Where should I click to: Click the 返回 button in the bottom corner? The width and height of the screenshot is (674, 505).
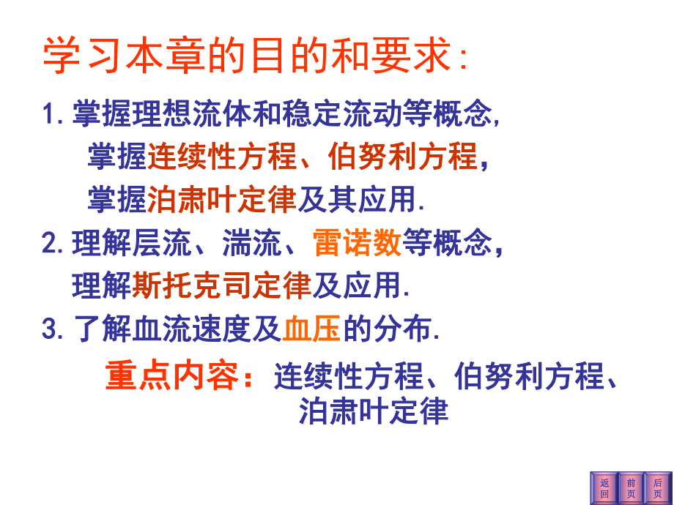pos(604,488)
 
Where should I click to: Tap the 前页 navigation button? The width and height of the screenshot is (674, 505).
pos(631,488)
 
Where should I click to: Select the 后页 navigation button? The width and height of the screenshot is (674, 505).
pos(657,488)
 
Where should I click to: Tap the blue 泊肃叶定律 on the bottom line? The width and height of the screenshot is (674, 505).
pos(373,411)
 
